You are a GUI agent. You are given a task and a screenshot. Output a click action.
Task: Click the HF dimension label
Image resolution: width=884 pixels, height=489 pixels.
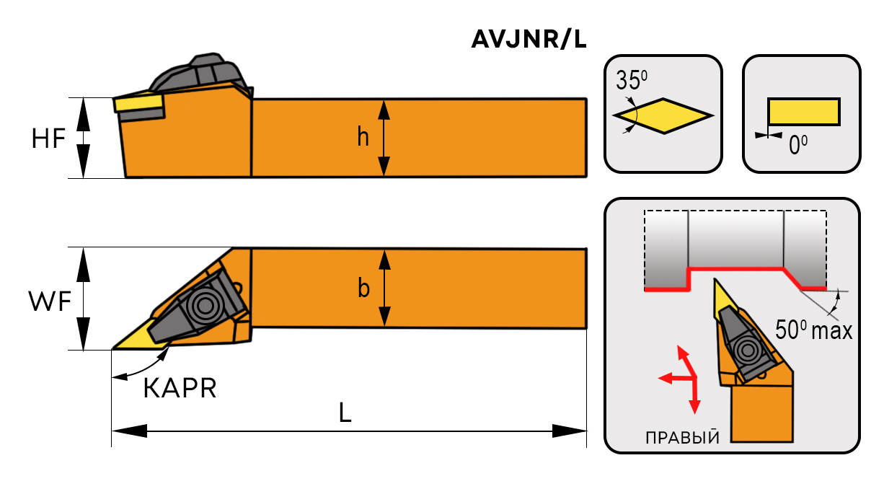[x=48, y=138]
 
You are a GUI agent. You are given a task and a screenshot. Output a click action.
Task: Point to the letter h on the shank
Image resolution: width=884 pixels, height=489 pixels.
[x=363, y=138]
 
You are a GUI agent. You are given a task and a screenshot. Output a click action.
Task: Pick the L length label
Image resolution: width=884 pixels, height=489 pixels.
[x=345, y=413]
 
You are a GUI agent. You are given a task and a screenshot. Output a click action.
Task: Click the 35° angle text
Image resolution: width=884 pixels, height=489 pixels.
[x=632, y=79]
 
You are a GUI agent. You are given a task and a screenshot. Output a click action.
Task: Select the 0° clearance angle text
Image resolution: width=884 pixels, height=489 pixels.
[x=797, y=146]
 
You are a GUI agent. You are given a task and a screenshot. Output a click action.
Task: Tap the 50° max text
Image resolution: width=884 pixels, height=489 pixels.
[x=813, y=331]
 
